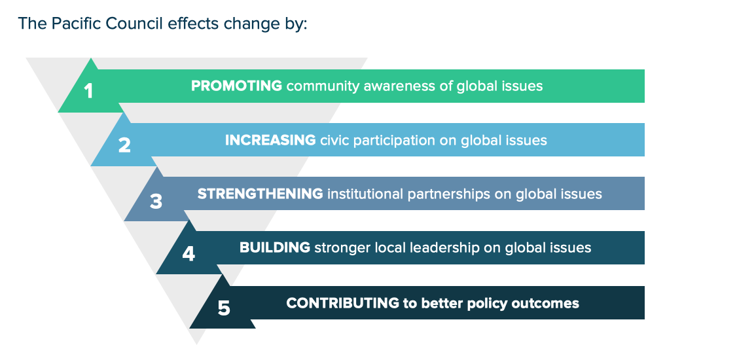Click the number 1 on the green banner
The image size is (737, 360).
coord(89,91)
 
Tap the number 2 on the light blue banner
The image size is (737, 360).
coord(124,145)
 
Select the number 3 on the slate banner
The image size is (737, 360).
coord(156,201)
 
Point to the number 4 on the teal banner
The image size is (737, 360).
coord(189,254)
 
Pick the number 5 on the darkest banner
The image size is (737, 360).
coord(224,308)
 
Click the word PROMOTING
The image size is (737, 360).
coord(236,86)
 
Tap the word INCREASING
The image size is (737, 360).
coord(270,140)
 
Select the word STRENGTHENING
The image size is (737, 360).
coord(260,194)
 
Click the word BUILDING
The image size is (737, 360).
coord(274,247)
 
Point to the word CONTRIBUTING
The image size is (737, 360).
coord(343,303)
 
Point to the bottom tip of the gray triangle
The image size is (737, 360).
coord(197,345)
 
